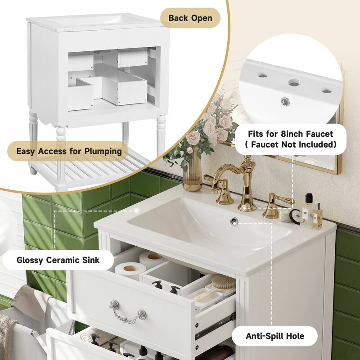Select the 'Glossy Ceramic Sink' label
58,260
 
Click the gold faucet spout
247,180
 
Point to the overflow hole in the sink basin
234,220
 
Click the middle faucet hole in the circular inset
293,83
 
